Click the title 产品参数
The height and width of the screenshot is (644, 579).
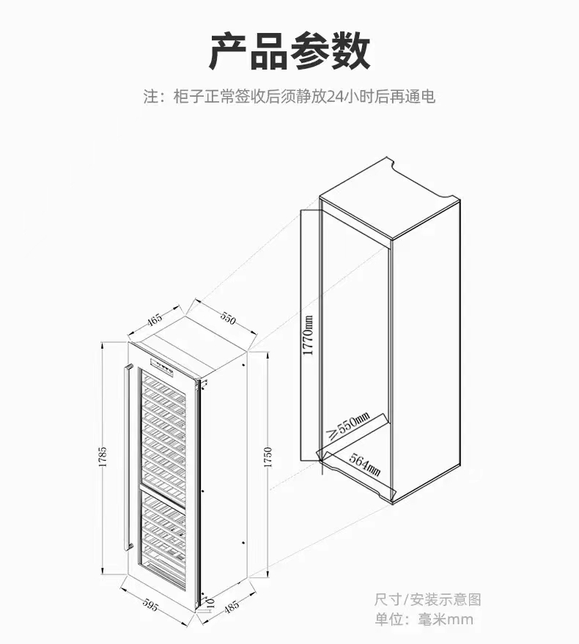point(289,51)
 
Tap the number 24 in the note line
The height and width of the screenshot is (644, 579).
point(336,96)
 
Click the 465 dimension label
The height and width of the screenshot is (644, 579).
point(155,319)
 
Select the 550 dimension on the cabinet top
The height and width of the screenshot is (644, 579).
point(228,318)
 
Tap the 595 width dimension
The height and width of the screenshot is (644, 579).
point(150,605)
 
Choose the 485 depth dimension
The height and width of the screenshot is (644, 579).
point(232,607)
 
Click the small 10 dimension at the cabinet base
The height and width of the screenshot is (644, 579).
point(210,602)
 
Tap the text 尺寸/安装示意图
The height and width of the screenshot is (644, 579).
point(428,599)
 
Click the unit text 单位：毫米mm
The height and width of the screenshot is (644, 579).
point(424,620)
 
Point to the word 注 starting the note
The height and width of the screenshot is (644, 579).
point(150,96)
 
